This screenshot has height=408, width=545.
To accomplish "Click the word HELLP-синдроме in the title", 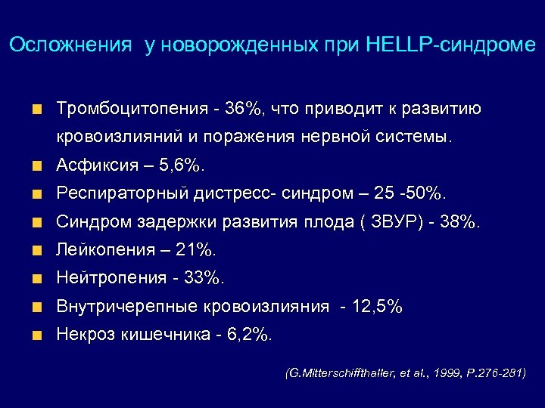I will click(x=450, y=45).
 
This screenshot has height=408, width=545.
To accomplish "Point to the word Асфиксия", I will click(x=95, y=165).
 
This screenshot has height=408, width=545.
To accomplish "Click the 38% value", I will click(x=456, y=222).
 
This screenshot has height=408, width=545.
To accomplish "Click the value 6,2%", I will click(x=248, y=335).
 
